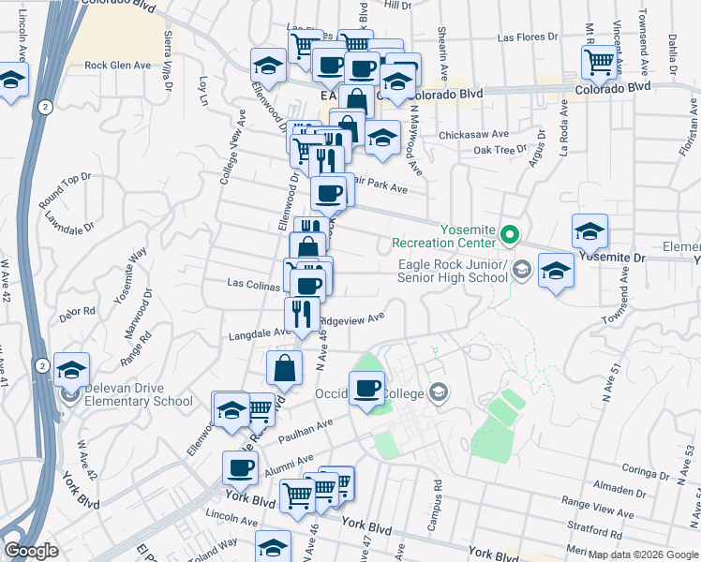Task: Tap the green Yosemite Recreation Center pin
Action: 509,234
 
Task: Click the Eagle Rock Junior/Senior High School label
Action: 452,272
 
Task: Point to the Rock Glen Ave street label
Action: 117,66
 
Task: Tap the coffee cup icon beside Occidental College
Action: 367,387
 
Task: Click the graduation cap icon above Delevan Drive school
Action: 70,368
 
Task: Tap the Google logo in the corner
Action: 32,551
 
